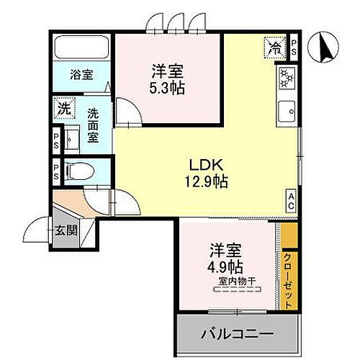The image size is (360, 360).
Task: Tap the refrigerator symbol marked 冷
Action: [x=275, y=48]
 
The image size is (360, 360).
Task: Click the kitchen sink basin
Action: [x=286, y=112]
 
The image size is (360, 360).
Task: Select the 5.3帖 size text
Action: [x=166, y=88]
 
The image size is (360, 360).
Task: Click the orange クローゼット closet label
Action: [x=288, y=279]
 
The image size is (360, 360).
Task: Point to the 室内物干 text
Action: [x=233, y=282]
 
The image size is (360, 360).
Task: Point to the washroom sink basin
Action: [x=73, y=138]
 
